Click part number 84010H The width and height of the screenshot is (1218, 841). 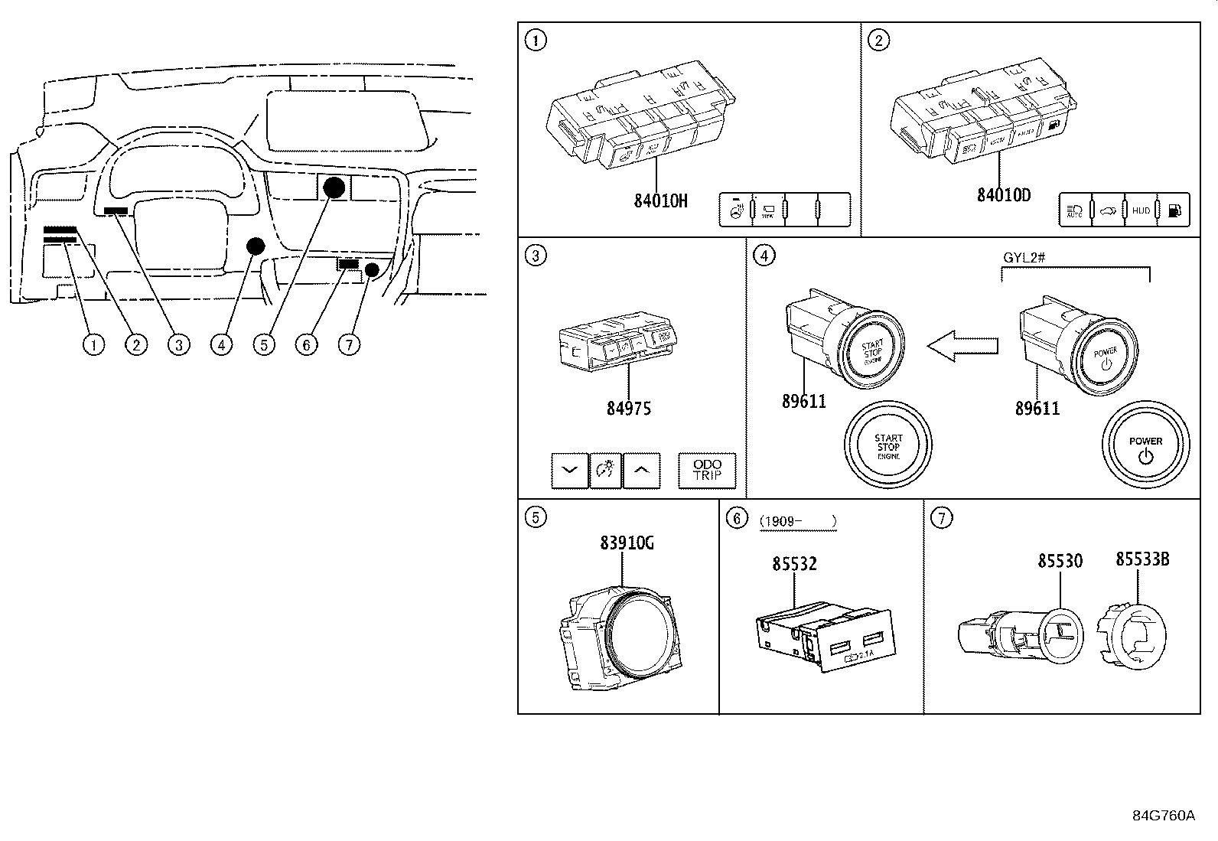click(660, 201)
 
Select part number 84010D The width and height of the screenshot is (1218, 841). click(1003, 195)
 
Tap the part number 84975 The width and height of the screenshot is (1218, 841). click(629, 409)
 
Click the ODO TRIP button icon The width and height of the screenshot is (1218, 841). click(707, 470)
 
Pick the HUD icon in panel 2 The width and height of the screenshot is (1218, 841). click(1141, 210)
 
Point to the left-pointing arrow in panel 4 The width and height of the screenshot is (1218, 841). click(962, 347)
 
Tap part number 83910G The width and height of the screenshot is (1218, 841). click(627, 543)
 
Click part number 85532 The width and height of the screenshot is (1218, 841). click(794, 564)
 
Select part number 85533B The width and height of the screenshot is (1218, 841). click(1141, 559)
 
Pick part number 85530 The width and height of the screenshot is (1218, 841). click(1060, 561)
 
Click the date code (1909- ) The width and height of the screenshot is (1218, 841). click(798, 522)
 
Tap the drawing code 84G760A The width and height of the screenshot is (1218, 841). click(1163, 815)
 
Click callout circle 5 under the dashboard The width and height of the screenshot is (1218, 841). click(263, 345)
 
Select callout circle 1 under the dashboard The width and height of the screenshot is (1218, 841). click(93, 345)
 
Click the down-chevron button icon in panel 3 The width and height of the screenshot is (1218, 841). click(570, 470)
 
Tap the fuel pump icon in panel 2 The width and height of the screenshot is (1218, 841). click(1175, 210)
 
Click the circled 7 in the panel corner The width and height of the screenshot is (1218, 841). click(941, 518)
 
